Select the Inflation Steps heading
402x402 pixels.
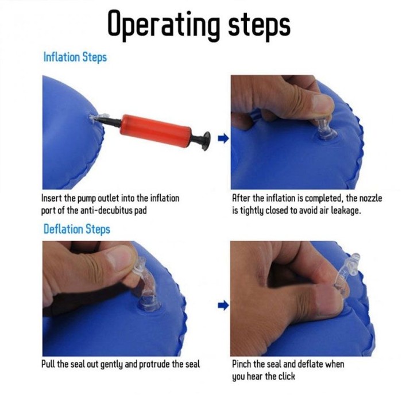point(75,57)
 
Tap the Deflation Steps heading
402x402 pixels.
point(76,229)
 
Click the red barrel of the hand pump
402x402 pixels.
point(156,130)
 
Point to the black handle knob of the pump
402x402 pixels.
point(206,141)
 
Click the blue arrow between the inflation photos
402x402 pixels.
point(223,138)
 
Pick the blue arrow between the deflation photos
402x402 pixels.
point(223,305)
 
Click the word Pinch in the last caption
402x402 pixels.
point(240,364)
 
